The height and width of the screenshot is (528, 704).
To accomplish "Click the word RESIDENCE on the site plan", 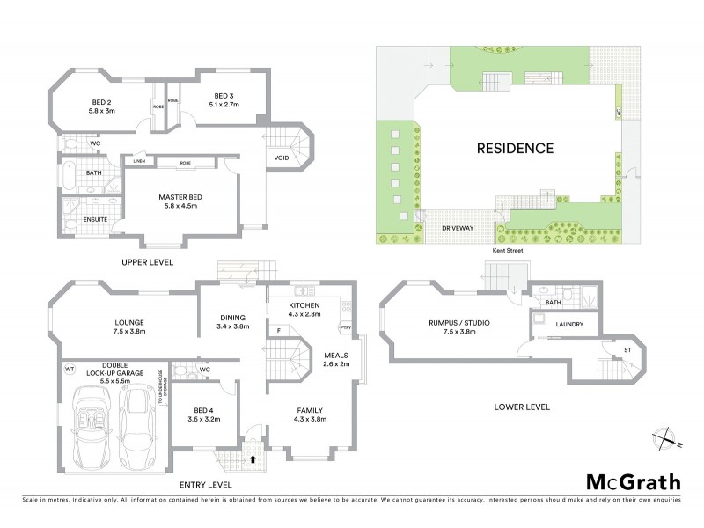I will [x=515, y=148].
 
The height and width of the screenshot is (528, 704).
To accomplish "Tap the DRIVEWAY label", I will [x=458, y=227].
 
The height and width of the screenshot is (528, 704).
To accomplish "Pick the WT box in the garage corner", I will [x=70, y=370].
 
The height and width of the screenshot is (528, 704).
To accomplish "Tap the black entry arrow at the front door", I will [x=253, y=458].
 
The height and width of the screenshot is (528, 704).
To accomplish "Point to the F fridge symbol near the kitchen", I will [x=278, y=331].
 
